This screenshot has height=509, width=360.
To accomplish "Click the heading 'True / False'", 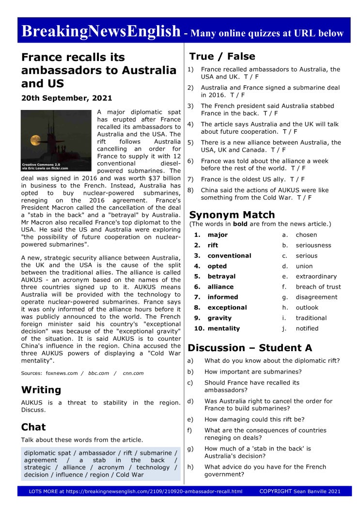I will click(x=222, y=56).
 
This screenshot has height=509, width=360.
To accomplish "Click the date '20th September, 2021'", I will click(x=66, y=98).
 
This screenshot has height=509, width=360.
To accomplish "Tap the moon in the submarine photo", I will click(x=35, y=140).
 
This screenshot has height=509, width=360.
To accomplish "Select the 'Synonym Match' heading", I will click(x=232, y=215).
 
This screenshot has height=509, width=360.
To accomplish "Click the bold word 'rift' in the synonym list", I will click(x=213, y=245).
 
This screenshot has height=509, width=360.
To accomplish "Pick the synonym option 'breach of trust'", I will click(x=318, y=287).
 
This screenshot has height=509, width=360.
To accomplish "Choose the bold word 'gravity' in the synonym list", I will click(x=219, y=318).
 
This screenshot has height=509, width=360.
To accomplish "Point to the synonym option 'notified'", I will click(x=307, y=328).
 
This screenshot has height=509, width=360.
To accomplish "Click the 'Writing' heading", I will click(x=41, y=390).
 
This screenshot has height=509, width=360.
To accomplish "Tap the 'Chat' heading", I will click(x=33, y=427).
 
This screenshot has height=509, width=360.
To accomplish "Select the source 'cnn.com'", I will click(x=133, y=373).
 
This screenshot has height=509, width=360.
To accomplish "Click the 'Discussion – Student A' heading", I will click(x=250, y=348).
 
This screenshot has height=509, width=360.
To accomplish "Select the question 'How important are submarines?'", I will click(x=253, y=371).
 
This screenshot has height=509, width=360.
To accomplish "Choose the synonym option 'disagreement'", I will click(x=317, y=297).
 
